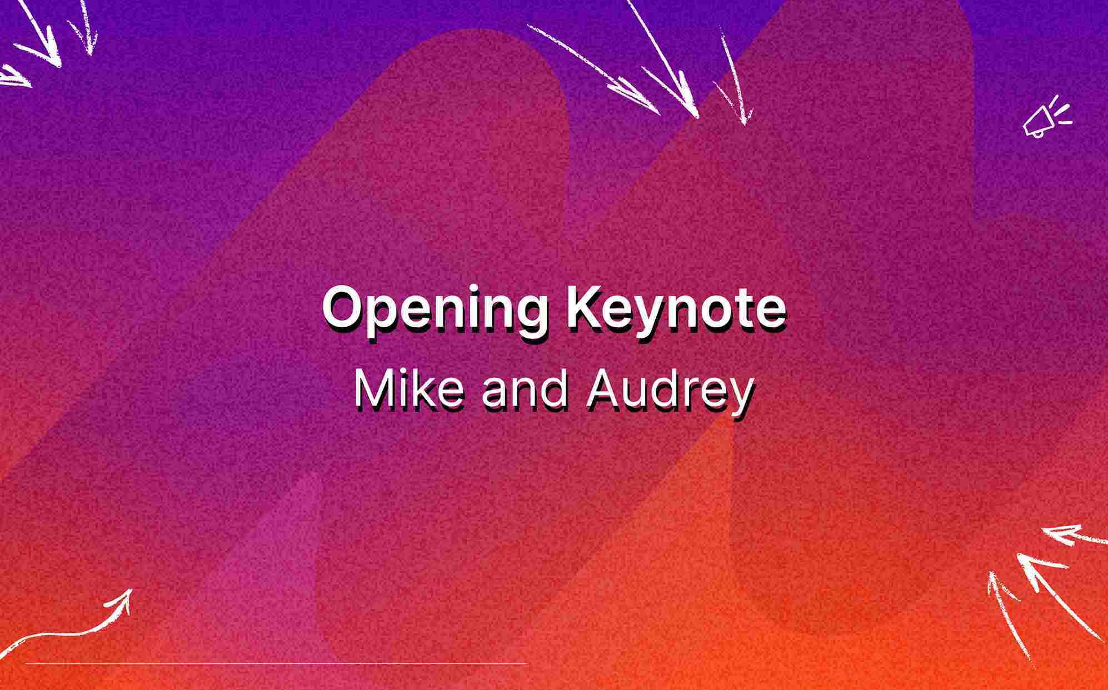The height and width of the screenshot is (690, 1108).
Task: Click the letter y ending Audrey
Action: pos(741,396)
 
